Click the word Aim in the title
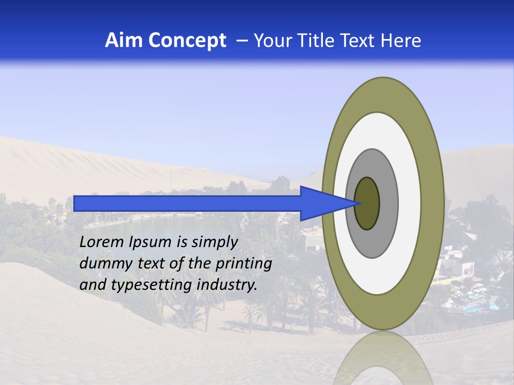(x=124, y=41)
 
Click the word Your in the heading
(x=272, y=41)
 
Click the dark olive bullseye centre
(x=367, y=204)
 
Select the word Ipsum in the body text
(x=152, y=242)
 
